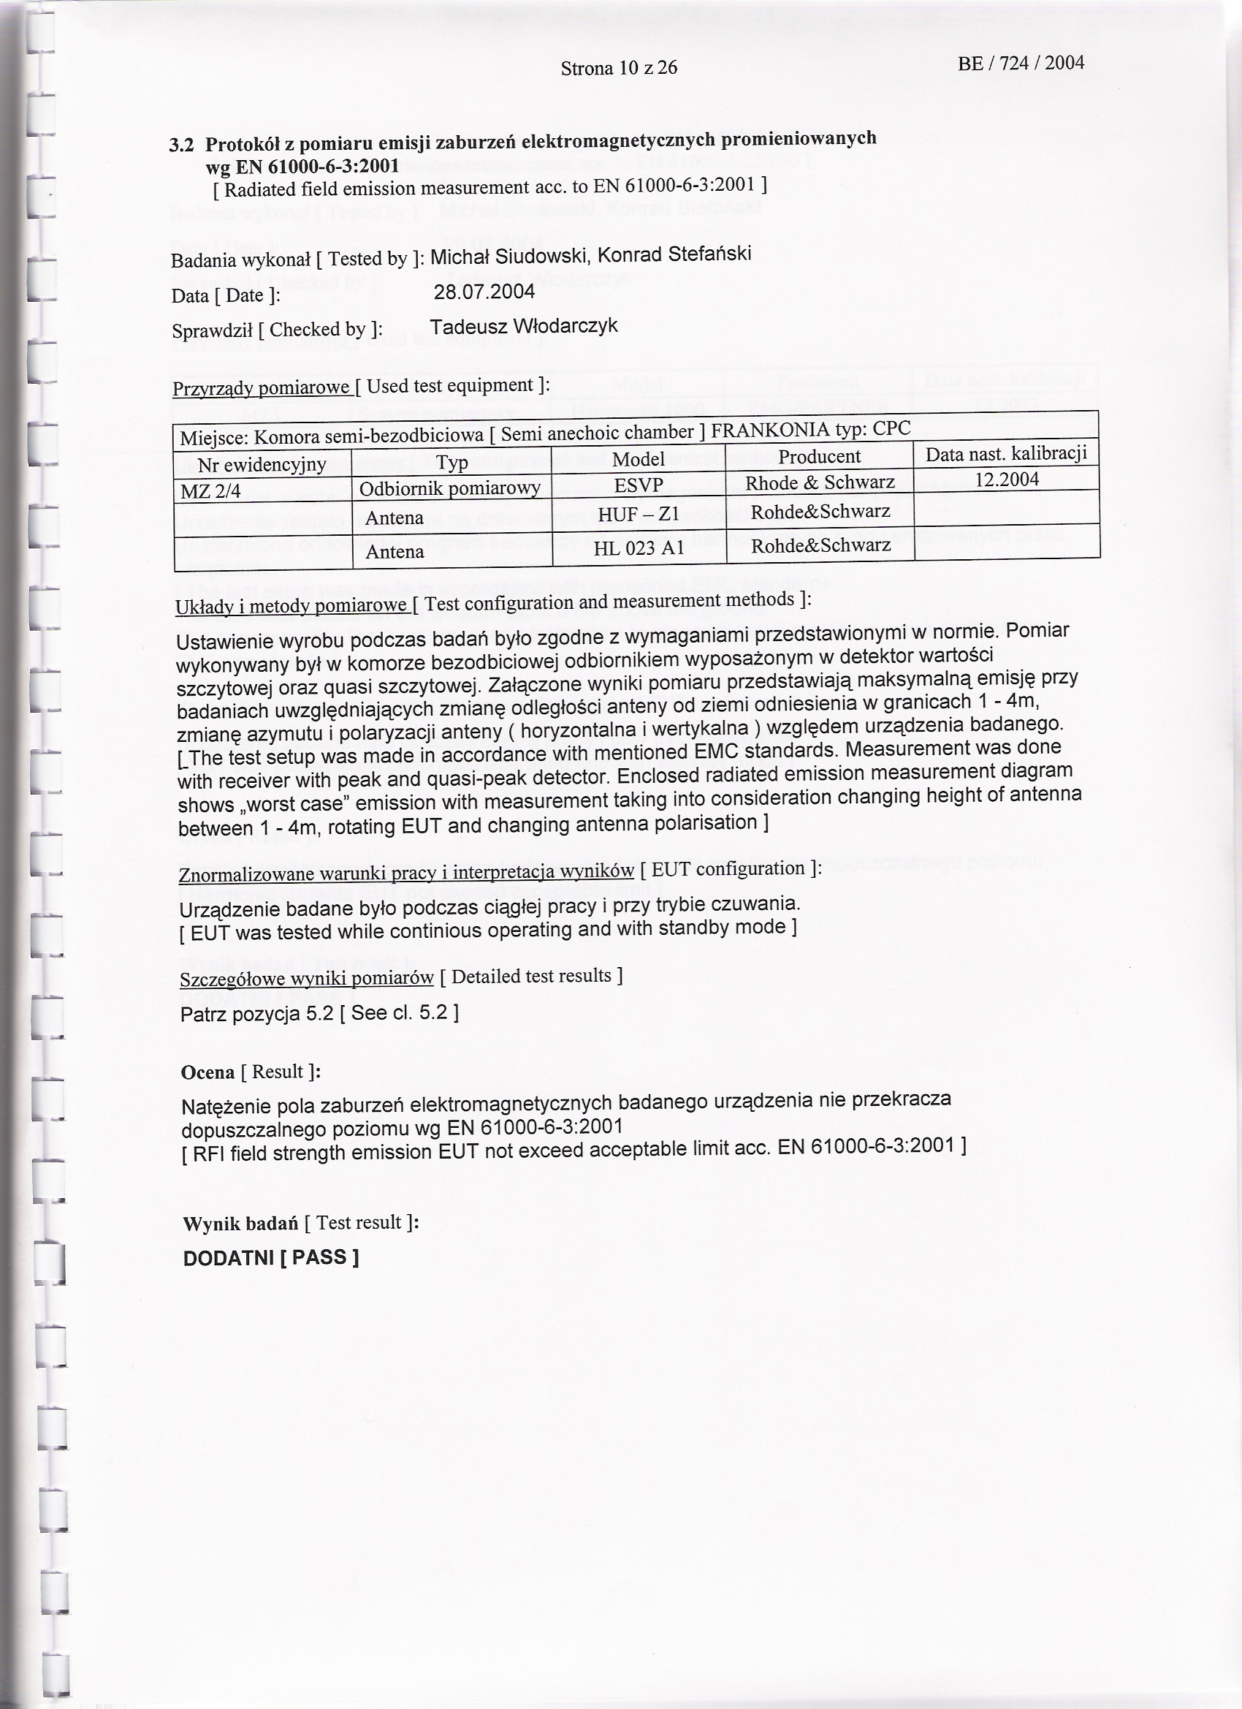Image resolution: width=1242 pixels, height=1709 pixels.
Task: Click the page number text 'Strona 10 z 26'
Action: pos(618,69)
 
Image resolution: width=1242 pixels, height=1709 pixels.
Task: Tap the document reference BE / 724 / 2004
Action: pos(1021,64)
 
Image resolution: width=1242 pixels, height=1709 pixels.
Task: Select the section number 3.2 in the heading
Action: pos(180,145)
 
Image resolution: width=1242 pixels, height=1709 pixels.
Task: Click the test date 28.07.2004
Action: pos(484,292)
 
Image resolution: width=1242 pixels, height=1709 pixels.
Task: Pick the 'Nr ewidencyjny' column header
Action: pos(262,464)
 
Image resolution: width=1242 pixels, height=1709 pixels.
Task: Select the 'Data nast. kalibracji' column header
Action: pos(1006,454)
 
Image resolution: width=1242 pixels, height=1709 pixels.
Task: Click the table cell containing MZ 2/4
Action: pos(210,492)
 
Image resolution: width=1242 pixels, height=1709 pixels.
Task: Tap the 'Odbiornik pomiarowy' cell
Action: pos(449,489)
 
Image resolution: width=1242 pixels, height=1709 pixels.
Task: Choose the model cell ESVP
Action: pos(638,486)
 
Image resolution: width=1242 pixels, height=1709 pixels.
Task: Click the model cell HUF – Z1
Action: pos(638,515)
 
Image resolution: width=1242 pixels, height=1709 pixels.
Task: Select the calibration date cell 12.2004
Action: pos(1006,480)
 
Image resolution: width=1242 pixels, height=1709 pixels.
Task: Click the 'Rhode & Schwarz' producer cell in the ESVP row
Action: pos(820,482)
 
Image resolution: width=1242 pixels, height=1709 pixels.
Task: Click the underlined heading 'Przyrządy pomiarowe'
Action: pos(262,389)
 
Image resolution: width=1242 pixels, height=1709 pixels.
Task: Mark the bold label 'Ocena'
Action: pos(207,1072)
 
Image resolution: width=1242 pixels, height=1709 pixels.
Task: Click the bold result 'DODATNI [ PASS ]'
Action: pos(270,1258)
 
